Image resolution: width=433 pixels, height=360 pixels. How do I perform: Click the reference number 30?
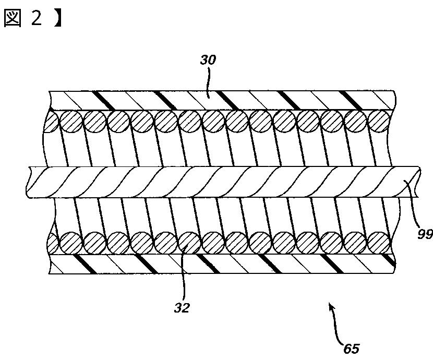point(208,60)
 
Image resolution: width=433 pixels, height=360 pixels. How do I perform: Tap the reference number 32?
point(182,307)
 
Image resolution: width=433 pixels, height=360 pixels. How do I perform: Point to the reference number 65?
point(352,348)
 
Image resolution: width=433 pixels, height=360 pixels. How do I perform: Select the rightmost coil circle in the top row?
point(378,122)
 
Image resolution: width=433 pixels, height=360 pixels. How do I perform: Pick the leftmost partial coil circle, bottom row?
point(52,243)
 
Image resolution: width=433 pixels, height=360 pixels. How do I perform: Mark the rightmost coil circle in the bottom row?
point(379,243)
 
